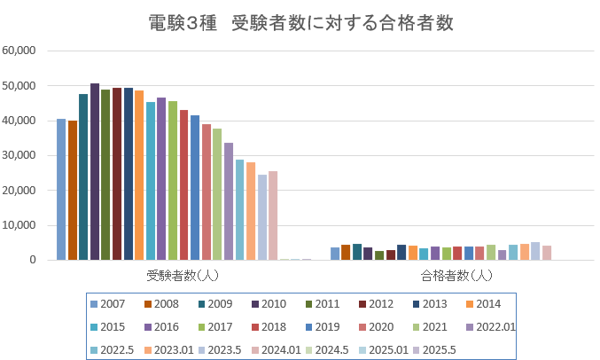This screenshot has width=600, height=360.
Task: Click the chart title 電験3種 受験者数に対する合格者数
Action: [300, 23]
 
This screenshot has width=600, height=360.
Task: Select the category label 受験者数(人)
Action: [183, 275]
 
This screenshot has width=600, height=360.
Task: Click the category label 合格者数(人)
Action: [456, 275]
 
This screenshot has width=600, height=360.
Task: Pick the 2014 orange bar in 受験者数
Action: [139, 175]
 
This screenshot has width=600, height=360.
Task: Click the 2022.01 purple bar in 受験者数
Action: [229, 201]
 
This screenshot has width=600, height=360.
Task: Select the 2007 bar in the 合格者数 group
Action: [335, 254]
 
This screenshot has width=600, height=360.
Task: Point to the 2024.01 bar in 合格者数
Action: [547, 253]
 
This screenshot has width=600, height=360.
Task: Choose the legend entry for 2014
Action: [485, 304]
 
